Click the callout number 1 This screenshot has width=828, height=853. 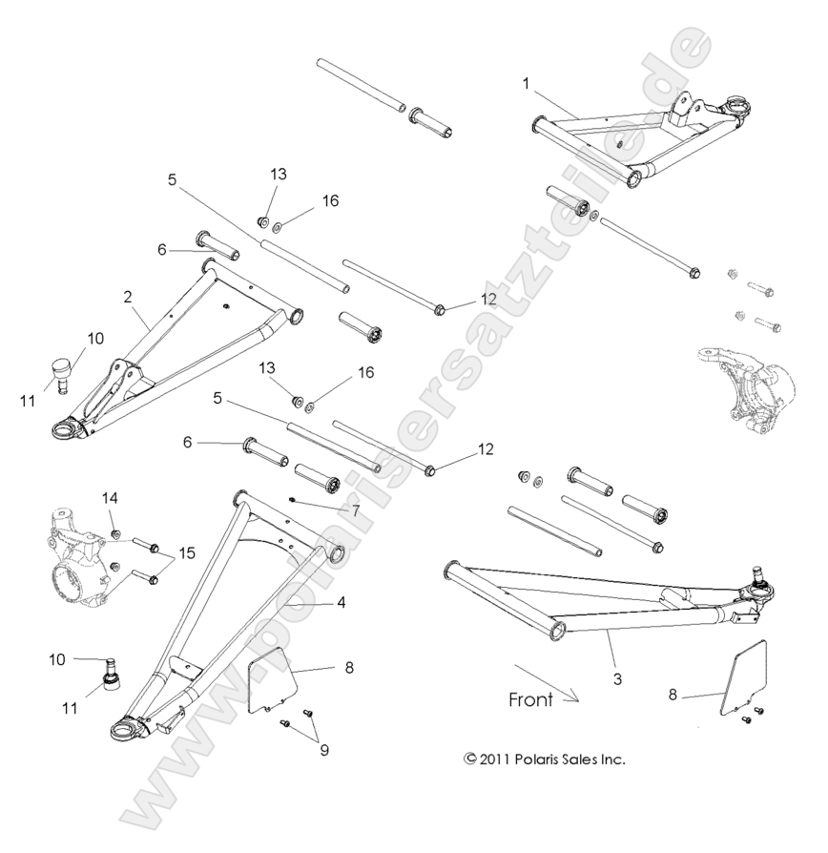pyautogui.click(x=525, y=84)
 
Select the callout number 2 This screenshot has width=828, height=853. pyautogui.click(x=128, y=297)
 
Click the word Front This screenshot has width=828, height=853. pyautogui.click(x=529, y=699)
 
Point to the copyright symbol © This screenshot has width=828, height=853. pyautogui.click(x=468, y=759)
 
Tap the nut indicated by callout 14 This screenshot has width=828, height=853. pyautogui.click(x=114, y=531)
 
